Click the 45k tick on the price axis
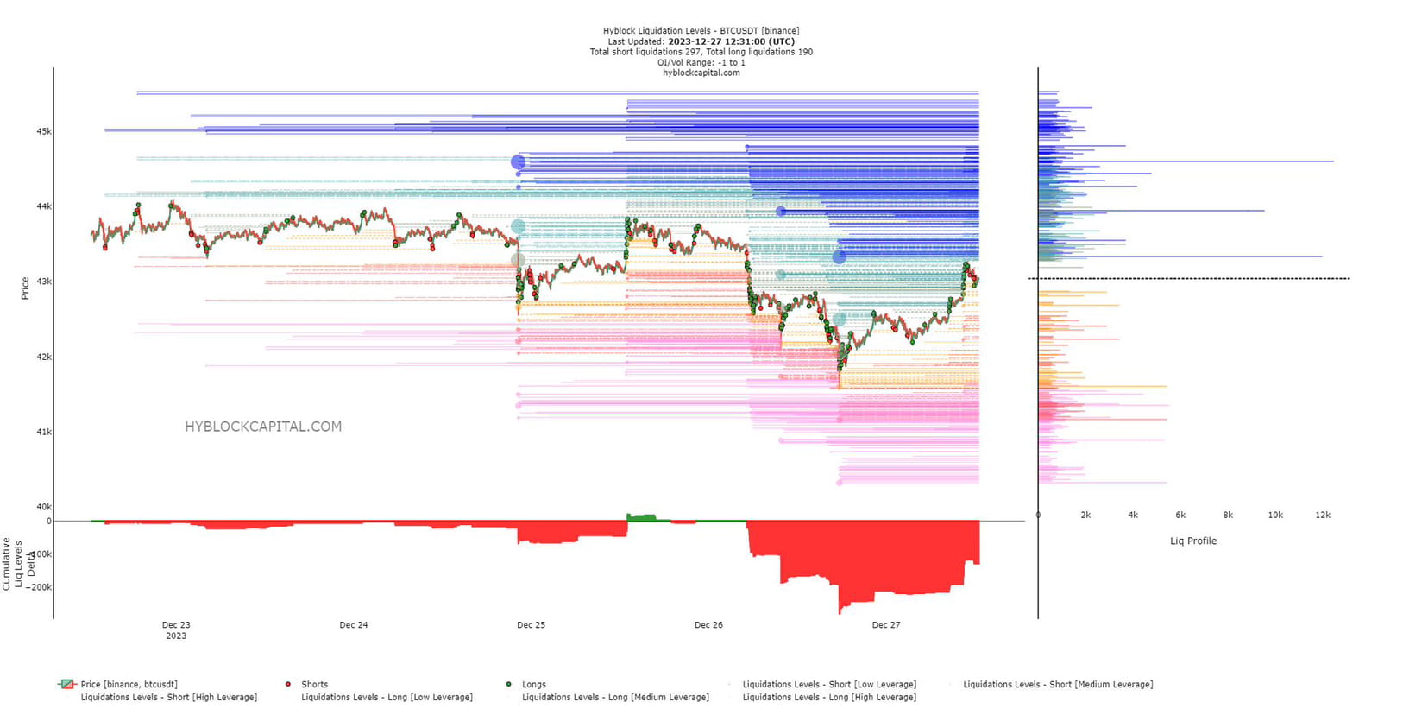point(43,131)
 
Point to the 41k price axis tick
point(43,432)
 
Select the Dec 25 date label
point(531,625)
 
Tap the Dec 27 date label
point(885,625)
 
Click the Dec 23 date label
point(176,625)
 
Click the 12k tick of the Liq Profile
point(1323,516)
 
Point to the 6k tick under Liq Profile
point(1180,516)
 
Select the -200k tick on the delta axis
point(39,587)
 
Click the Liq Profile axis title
point(1193,541)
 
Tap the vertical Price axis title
point(25,288)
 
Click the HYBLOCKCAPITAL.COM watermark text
point(263,427)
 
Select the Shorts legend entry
point(314,685)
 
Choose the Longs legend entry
point(533,685)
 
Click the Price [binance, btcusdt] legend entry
point(129,685)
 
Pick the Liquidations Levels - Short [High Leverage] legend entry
point(168,698)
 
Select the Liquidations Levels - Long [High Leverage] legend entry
point(829,698)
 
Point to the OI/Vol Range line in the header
point(701,62)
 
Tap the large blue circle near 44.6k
point(518,161)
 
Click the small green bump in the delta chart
point(641,517)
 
